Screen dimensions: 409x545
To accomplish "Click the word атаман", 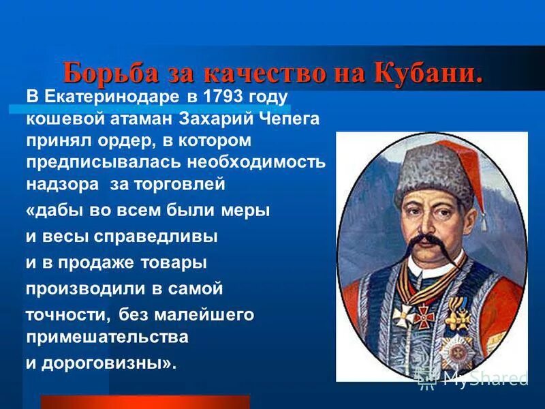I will pos(148,119).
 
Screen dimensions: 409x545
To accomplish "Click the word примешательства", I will pos(107,337).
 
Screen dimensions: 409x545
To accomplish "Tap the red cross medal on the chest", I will pos(425,316).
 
